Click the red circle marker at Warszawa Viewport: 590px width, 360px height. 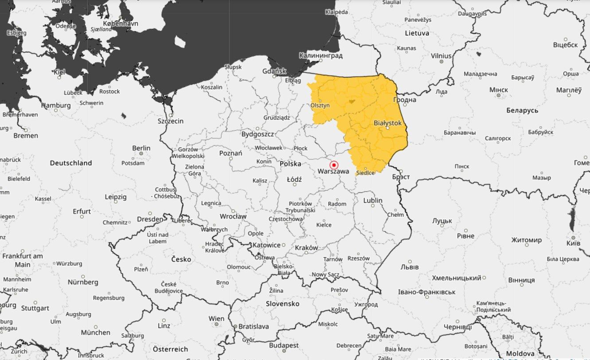coord(334,164)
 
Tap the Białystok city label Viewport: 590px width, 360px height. coord(387,122)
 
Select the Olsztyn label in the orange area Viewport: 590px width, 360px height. coord(320,106)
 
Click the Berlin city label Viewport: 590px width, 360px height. coord(141,148)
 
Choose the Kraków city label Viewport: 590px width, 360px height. coord(306,248)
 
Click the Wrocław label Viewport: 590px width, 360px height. coord(233,216)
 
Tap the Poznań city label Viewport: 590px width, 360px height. coord(231,153)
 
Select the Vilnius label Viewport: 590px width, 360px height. coord(441,56)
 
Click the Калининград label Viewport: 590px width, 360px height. coord(320,55)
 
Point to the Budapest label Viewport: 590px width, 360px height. coord(284,345)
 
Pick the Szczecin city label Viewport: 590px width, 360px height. coord(171,121)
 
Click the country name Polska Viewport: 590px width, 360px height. coord(290,164)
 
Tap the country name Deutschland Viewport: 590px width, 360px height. coord(71,163)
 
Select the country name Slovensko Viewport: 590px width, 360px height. coord(282,304)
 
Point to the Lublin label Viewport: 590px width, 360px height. coord(372,200)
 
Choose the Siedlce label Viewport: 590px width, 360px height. coord(366,172)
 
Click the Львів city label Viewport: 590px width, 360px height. coord(409,267)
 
